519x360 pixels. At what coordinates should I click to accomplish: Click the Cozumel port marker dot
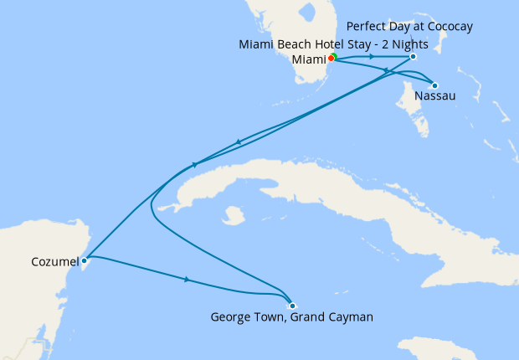pyautogui.click(x=84, y=260)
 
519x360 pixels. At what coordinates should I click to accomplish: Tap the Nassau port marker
pyautogui.click(x=434, y=85)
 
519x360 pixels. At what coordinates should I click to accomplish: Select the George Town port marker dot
pyautogui.click(x=291, y=305)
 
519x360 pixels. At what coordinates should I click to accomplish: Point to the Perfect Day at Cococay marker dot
pyautogui.click(x=414, y=57)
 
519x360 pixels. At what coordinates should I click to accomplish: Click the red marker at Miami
pyautogui.click(x=331, y=59)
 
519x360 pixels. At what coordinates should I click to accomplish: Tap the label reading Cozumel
pyautogui.click(x=49, y=262)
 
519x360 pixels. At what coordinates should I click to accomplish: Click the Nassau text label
pyautogui.click(x=435, y=96)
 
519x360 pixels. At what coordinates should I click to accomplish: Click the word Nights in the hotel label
pyautogui.click(x=433, y=44)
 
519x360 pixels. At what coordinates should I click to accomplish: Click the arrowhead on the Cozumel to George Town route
pyautogui.click(x=187, y=279)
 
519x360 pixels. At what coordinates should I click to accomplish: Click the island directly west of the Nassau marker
pyautogui.click(x=408, y=105)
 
